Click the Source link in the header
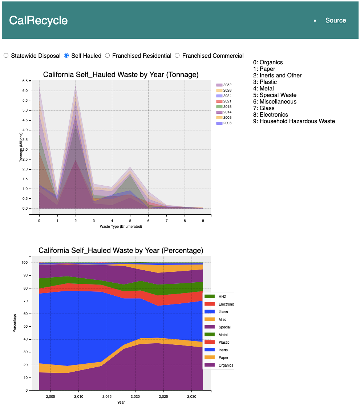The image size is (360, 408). [x=335, y=20]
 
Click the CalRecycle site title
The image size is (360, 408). [x=38, y=20]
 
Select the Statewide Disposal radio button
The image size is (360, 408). [x=6, y=56]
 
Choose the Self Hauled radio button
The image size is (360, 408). [x=66, y=56]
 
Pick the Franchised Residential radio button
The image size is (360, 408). [x=108, y=56]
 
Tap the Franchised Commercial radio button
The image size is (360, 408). [x=177, y=56]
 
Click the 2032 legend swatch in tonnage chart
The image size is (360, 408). [x=219, y=85]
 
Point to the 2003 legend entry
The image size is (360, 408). [x=224, y=123]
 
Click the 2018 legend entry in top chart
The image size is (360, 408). [x=224, y=107]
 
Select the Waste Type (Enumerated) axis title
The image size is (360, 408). [x=121, y=226]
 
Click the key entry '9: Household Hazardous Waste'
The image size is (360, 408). [x=294, y=121]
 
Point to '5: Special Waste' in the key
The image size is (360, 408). [x=275, y=95]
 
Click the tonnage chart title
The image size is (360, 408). [x=121, y=74]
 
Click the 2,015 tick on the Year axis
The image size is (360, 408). [x=107, y=396]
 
